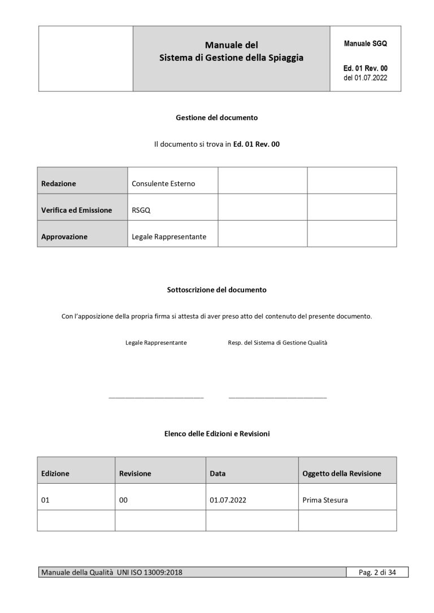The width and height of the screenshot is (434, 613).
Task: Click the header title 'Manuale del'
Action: tap(231, 45)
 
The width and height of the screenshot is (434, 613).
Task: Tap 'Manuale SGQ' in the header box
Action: tap(365, 43)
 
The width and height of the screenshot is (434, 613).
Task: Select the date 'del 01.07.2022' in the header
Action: tap(365, 78)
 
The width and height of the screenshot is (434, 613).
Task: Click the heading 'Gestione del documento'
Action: tap(216, 118)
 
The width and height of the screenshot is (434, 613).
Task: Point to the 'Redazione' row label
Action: tap(59, 183)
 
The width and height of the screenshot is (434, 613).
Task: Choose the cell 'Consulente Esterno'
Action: tap(163, 183)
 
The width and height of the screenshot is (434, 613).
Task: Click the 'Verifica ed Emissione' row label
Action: tap(77, 210)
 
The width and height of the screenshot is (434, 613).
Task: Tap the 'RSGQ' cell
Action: tap(141, 210)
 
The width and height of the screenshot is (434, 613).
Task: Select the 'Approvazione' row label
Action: tap(64, 237)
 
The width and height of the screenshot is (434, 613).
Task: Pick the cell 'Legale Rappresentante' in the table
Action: tap(169, 237)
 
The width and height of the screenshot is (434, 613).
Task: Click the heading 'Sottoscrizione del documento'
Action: tap(216, 290)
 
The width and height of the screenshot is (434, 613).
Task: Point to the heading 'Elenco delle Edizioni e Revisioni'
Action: tap(216, 434)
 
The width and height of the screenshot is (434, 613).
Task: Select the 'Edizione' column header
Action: tap(55, 474)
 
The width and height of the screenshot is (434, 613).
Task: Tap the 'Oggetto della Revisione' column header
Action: tap(342, 474)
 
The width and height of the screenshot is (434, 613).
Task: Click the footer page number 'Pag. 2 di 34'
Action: tap(377, 573)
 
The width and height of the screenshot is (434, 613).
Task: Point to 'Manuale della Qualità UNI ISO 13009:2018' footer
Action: tap(111, 573)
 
